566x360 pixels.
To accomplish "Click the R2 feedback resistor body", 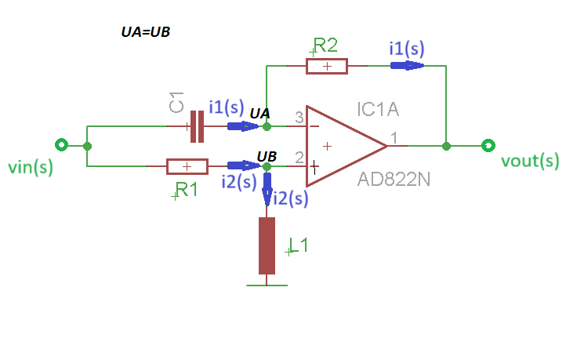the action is click(327, 66).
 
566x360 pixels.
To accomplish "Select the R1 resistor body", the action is click(187, 166).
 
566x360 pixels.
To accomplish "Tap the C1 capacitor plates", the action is click(197, 126).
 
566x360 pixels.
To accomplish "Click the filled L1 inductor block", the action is click(267, 245).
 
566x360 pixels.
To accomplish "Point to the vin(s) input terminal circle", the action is click(61, 145).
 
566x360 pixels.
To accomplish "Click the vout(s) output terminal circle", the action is click(488, 145).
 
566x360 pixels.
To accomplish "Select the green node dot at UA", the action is click(267, 126).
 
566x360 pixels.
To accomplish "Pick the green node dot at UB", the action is click(267, 166).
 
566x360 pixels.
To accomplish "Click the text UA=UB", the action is click(146, 32).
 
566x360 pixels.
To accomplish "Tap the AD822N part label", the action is click(394, 179).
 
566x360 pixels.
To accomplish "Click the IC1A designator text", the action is click(378, 109).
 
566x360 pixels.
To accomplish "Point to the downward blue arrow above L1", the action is click(267, 189).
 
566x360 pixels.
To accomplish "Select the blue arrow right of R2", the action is click(407, 66).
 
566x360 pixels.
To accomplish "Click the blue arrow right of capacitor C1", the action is click(243, 126).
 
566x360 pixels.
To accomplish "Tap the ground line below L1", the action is click(267, 285).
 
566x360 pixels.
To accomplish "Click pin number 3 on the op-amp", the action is click(299, 118).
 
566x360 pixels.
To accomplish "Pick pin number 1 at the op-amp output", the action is click(394, 137).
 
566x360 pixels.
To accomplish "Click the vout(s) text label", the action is click(530, 161).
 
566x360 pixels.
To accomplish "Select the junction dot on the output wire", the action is click(446, 146).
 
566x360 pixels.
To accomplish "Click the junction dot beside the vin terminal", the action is click(87, 146).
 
